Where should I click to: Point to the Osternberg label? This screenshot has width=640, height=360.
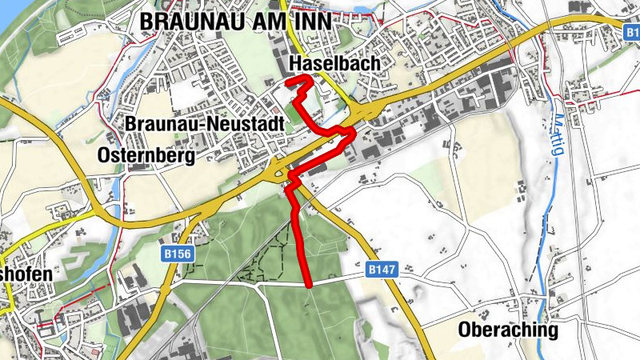pyautogui.click(x=146, y=156)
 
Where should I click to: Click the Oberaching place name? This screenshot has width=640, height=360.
pyautogui.click(x=508, y=330)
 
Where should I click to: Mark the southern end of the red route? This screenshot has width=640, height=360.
pyautogui.click(x=309, y=285)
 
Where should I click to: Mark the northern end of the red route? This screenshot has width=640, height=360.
pyautogui.click(x=288, y=82)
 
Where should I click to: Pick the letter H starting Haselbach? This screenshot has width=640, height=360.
pyautogui.click(x=293, y=63)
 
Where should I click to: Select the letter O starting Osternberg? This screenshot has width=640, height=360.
pyautogui.click(x=103, y=156)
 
